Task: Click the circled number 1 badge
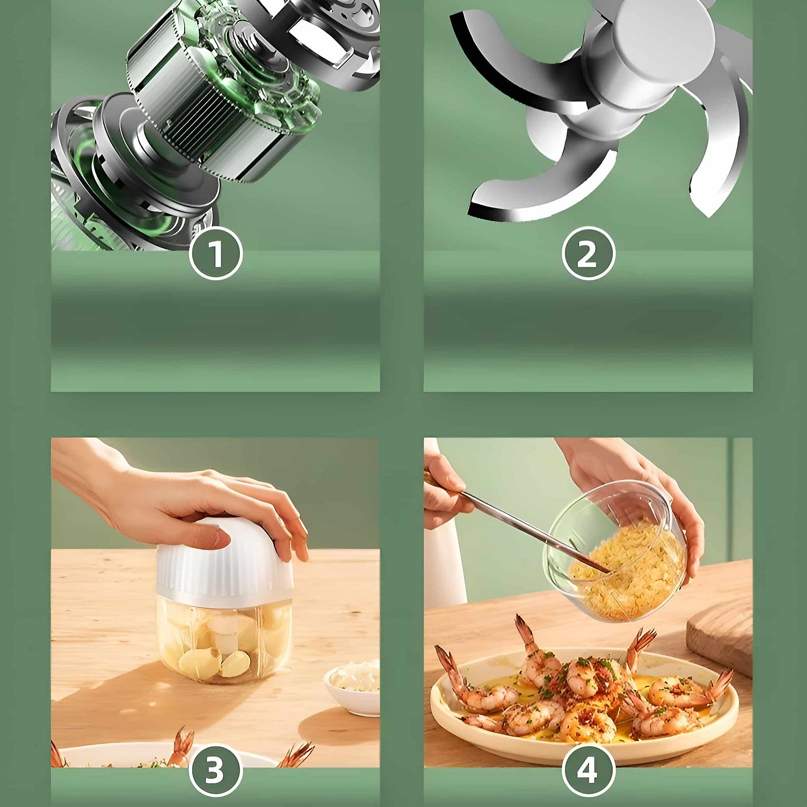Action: [216, 254]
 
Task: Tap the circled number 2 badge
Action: [588, 254]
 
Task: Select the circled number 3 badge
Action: [216, 769]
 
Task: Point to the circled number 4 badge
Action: [588, 769]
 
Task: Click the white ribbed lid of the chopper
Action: [224, 565]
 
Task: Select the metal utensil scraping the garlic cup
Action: [534, 531]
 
